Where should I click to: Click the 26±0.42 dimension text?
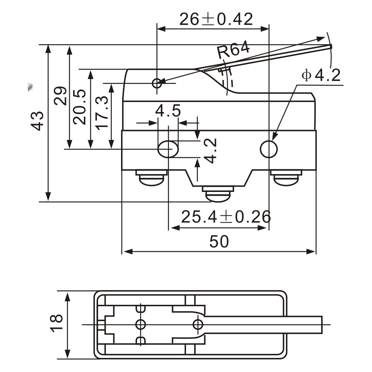pos(216,19)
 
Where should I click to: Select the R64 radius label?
pos(234,51)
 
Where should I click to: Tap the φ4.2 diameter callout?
pos(321,75)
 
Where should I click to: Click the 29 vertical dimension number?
pos(59,96)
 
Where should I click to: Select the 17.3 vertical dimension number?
pos(101,112)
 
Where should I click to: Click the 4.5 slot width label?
pos(168,111)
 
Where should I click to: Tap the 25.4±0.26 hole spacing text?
pos(225,216)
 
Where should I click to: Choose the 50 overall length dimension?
pos(219,242)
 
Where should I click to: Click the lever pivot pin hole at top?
pos(157,83)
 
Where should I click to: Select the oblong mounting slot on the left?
pos(168,149)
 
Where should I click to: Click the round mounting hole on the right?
pos(269,149)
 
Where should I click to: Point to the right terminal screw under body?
pos(286,178)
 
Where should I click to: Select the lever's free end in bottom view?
pos(319,324)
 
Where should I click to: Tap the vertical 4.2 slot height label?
pos(210,150)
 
